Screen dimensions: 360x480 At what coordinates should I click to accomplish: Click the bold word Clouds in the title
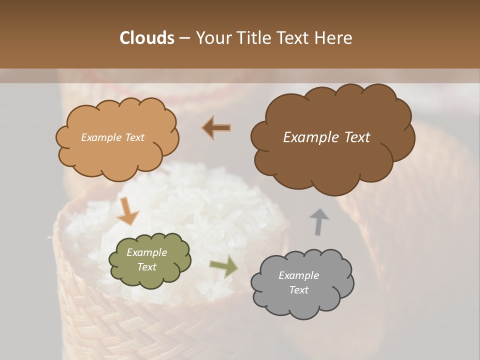tap(146, 38)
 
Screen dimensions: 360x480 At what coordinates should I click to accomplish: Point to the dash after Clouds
tap(184, 38)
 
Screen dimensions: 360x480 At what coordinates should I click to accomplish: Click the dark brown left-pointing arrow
tap(216, 128)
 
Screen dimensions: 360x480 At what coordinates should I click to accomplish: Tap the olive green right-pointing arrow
tap(223, 266)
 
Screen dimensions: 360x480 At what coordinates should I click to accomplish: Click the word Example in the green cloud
tap(146, 252)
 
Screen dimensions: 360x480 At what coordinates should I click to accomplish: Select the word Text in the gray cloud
tap(298, 290)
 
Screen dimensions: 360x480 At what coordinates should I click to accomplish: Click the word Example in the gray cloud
tap(298, 275)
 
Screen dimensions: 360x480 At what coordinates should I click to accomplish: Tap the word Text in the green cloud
tap(146, 267)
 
